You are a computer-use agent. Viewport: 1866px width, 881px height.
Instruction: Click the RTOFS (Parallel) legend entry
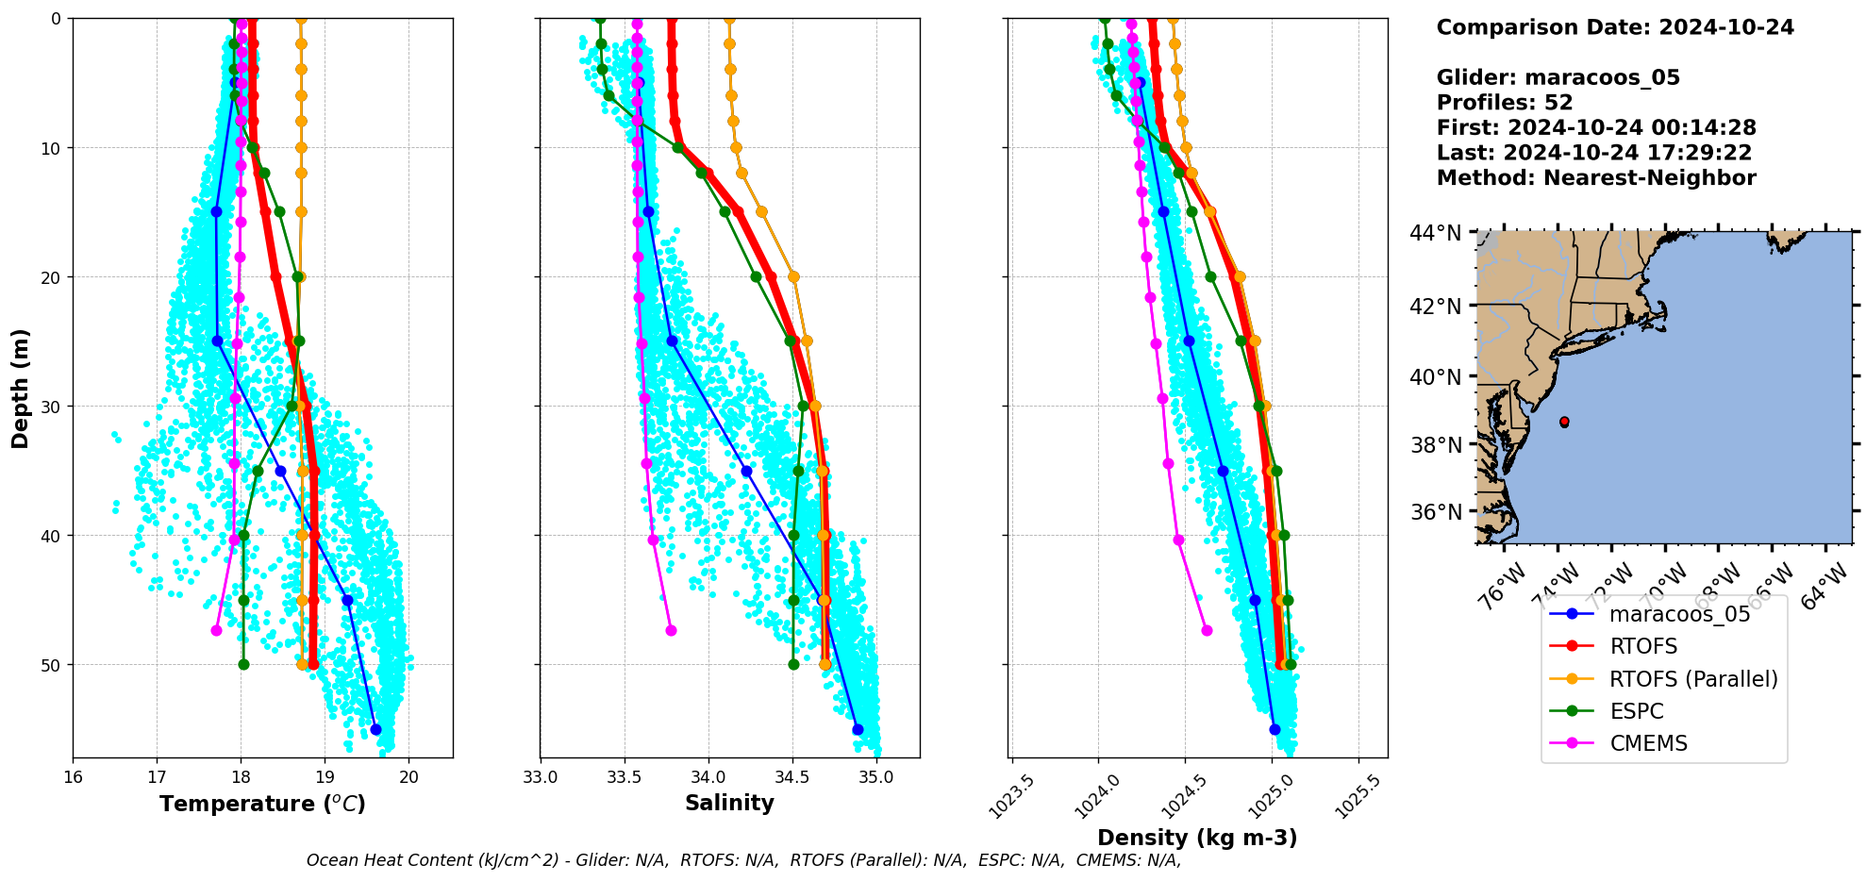(x=1692, y=679)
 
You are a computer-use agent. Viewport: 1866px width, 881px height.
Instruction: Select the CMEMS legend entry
(x=1647, y=743)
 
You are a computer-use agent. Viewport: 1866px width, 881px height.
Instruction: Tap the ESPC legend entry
(x=1636, y=711)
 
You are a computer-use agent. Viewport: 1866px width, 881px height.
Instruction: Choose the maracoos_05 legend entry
(x=1679, y=615)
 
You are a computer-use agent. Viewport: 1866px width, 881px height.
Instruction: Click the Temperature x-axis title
(x=262, y=804)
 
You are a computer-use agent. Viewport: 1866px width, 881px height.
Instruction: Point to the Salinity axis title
(x=729, y=804)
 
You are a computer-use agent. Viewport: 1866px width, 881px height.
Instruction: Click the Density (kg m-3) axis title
(x=1197, y=838)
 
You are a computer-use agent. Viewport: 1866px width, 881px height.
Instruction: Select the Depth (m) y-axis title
(x=21, y=388)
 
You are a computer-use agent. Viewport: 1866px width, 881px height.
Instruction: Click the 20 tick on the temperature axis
(x=408, y=777)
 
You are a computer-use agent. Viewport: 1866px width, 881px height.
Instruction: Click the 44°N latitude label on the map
(x=1435, y=233)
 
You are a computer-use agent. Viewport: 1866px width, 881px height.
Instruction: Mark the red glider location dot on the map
(x=1564, y=422)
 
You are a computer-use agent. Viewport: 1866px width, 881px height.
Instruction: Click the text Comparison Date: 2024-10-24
(x=1615, y=27)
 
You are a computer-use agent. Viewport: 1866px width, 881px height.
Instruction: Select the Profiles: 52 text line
(x=1504, y=103)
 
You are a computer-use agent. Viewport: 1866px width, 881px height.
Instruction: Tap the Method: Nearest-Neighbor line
(x=1596, y=178)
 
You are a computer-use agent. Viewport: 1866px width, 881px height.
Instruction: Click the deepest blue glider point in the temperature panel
(x=375, y=729)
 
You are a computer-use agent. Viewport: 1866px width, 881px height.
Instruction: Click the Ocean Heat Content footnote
(x=743, y=860)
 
